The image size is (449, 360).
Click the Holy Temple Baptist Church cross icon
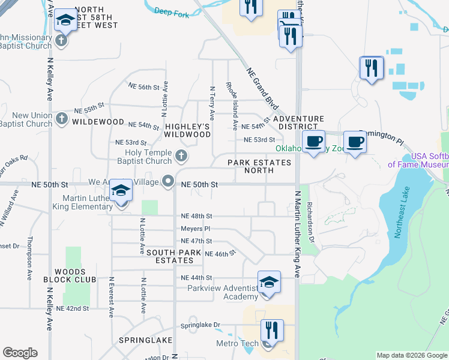[181, 157]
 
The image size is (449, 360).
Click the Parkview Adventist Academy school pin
[269, 284]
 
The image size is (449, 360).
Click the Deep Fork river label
[171, 11]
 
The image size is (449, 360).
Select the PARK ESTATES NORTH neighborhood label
[259, 166]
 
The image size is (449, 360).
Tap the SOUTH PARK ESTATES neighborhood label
[170, 257]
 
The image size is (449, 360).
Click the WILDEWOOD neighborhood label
[98, 122]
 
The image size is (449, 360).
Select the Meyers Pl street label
[196, 229]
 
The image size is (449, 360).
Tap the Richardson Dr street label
[310, 220]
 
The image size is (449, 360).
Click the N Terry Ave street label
[212, 103]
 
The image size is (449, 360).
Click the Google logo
[20, 353]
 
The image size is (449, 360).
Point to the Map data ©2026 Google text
[412, 355]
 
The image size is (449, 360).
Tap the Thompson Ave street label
[29, 259]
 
